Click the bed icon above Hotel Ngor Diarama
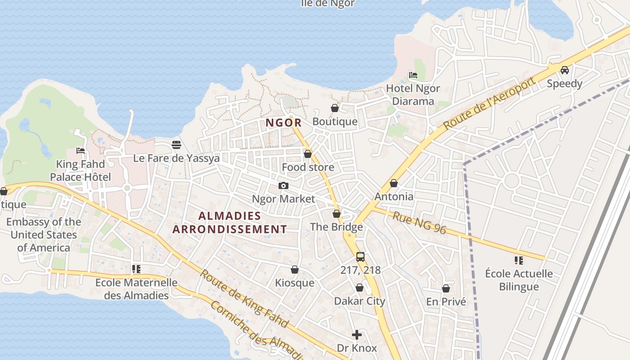(413, 75)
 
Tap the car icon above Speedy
(564, 70)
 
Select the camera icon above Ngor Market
(283, 185)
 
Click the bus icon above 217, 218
(360, 257)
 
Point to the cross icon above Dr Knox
(357, 335)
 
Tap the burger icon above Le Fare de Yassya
(176, 145)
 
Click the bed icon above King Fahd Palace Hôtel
(81, 150)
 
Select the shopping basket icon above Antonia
(394, 183)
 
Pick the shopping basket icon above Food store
(308, 154)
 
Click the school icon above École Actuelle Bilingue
(518, 260)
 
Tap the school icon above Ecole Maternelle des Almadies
(136, 269)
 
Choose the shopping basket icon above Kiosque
(295, 270)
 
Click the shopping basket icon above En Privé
(446, 288)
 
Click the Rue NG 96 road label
(419, 223)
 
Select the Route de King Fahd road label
(244, 298)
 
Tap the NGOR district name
(283, 122)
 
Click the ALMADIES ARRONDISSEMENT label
(229, 222)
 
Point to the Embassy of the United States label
(44, 234)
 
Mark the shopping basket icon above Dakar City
(360, 288)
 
